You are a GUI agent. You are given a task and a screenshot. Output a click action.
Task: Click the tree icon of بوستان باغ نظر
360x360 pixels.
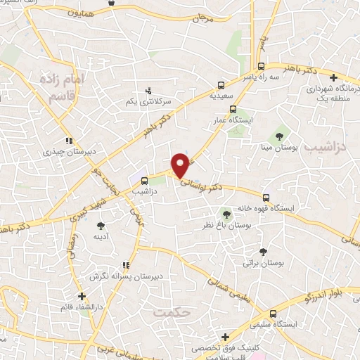pyautogui.click(x=226, y=214)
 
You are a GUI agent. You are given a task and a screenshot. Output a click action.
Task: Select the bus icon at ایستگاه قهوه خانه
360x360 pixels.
pyautogui.click(x=266, y=198)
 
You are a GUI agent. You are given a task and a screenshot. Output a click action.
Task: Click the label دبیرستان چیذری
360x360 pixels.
pyautogui.click(x=64, y=150)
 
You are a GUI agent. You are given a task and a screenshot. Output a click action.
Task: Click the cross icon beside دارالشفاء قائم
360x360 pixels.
pyautogui.click(x=82, y=296)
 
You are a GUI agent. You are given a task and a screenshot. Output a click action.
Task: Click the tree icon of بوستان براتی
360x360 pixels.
pyautogui.click(x=262, y=252)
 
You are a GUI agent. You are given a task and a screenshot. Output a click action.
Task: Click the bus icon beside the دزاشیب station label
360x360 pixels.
pyautogui.click(x=144, y=181)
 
